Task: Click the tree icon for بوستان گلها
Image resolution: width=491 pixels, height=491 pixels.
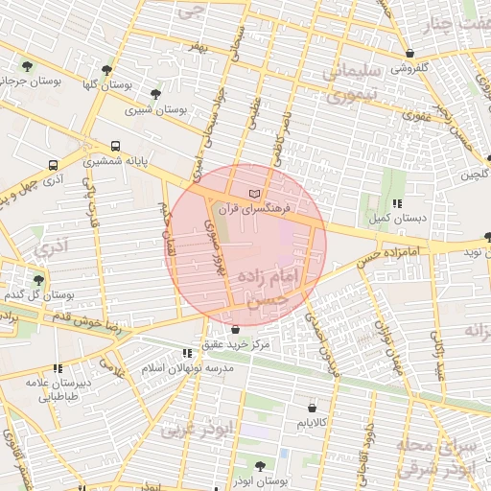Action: tap(106, 69)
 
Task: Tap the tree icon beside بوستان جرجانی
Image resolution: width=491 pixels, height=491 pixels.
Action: tap(26, 66)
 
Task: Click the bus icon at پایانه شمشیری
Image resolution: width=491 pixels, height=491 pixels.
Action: tap(116, 147)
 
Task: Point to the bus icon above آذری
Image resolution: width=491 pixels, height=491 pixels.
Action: tap(53, 164)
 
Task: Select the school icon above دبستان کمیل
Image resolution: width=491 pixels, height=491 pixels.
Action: tap(397, 203)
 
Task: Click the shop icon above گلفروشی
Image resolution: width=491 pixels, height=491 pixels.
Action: tap(410, 54)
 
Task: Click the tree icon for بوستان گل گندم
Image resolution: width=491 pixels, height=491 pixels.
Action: tap(38, 279)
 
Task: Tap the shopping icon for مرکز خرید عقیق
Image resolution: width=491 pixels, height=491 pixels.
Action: tap(236, 330)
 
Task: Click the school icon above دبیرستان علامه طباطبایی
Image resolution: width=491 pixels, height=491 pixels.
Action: tap(58, 367)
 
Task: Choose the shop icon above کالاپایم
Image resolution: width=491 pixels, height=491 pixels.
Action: tap(312, 407)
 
